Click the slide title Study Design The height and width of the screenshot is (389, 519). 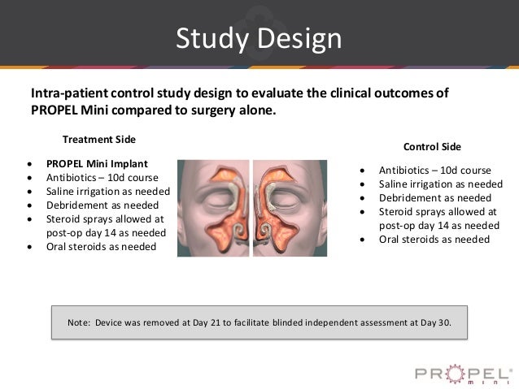259,38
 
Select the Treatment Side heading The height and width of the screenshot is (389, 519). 99,139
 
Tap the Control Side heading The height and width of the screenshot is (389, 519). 432,147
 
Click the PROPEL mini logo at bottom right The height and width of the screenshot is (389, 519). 461,374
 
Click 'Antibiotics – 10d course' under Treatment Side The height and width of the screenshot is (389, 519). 102,177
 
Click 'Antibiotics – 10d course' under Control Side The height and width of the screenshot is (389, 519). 434,171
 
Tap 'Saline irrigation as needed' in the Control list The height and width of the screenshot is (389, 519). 440,184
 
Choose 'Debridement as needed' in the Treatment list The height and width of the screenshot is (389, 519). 101,205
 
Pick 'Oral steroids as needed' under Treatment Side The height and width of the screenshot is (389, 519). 102,246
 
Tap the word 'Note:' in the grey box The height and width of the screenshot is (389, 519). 79,322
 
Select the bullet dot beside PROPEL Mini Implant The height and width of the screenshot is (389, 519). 30,162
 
